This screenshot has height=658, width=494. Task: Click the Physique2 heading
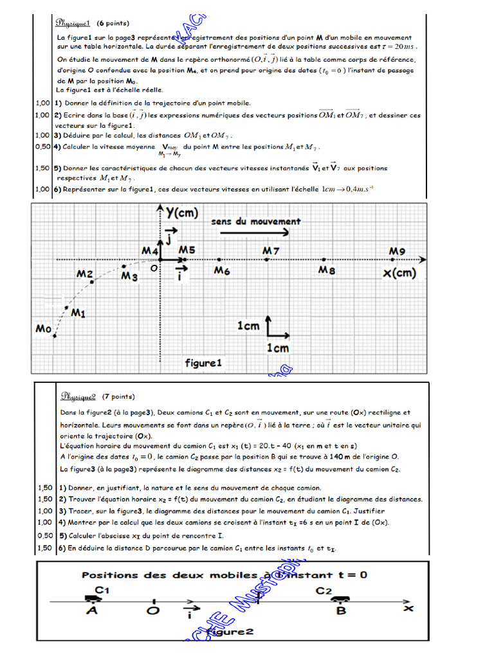[78, 396]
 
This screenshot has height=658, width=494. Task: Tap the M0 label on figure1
[43, 328]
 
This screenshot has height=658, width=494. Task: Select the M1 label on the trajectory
[78, 313]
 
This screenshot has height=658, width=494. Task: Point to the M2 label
[85, 274]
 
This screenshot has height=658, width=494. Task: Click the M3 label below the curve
[129, 276]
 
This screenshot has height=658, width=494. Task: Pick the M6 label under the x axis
[222, 271]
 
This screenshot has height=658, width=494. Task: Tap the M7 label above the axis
[271, 249]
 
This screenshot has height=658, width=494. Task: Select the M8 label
[327, 271]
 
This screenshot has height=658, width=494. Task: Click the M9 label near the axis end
[397, 251]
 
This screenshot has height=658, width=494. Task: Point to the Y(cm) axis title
[181, 213]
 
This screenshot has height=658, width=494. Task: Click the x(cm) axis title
[400, 273]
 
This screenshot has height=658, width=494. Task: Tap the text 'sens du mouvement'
[256, 221]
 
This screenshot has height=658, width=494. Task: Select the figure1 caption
[203, 363]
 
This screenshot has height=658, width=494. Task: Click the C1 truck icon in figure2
[93, 598]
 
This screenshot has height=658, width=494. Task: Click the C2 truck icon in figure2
[340, 599]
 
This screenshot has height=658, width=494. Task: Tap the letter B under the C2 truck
[341, 610]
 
